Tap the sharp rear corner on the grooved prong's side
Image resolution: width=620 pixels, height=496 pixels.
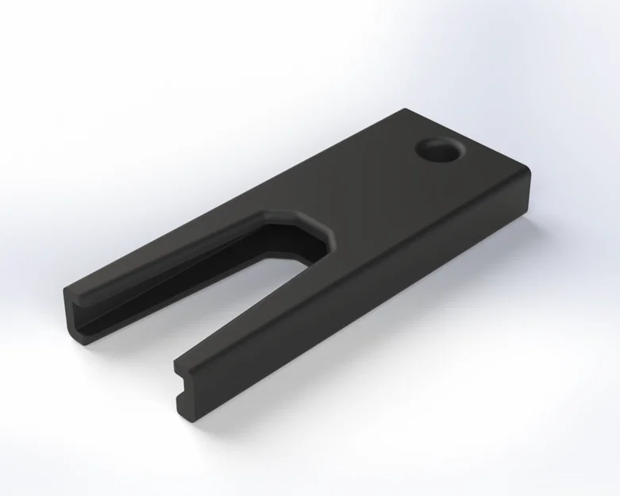click(x=404, y=112)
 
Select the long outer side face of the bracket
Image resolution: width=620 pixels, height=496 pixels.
click(x=381, y=317)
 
